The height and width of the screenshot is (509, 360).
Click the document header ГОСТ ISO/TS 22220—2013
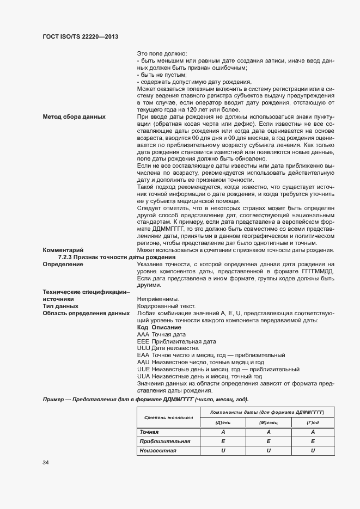pos(80,36)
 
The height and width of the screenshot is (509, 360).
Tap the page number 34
pos(46,463)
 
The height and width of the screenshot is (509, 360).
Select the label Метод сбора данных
pos(74,117)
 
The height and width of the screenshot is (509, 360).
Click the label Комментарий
pos(62,250)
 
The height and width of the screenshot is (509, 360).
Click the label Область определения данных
pos(86,314)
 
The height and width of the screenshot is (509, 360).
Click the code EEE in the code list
pos(144,341)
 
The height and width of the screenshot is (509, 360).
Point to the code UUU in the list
pos(144,348)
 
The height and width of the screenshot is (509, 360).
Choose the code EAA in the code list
pos(144,355)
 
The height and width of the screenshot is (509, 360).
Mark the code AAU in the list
pos(144,362)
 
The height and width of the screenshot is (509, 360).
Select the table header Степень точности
pos(168,417)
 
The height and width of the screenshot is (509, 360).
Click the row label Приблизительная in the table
pos(164,441)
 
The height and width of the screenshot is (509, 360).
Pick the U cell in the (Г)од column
pos(313,450)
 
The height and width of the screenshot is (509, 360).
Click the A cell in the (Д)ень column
pos(223,432)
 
